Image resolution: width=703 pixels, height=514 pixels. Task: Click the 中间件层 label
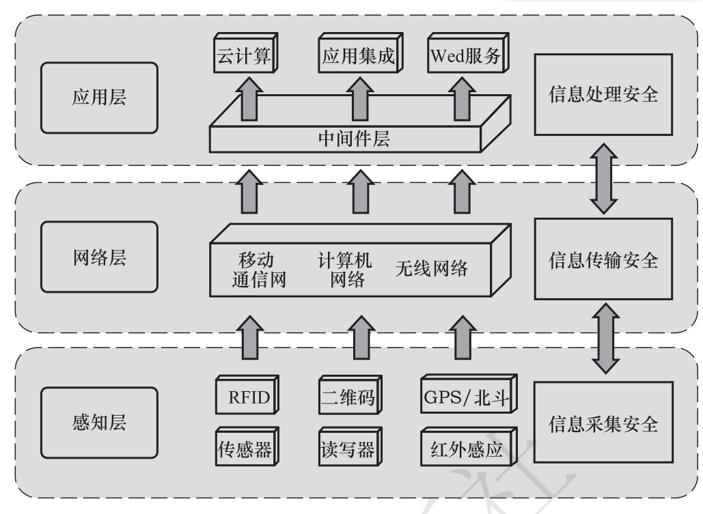(355, 139)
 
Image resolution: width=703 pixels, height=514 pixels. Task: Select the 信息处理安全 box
(603, 95)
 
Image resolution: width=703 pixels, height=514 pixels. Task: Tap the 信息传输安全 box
(603, 259)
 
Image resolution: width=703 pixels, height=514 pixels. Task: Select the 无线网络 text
(431, 269)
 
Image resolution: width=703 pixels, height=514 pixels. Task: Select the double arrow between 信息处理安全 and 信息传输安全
(603, 177)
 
